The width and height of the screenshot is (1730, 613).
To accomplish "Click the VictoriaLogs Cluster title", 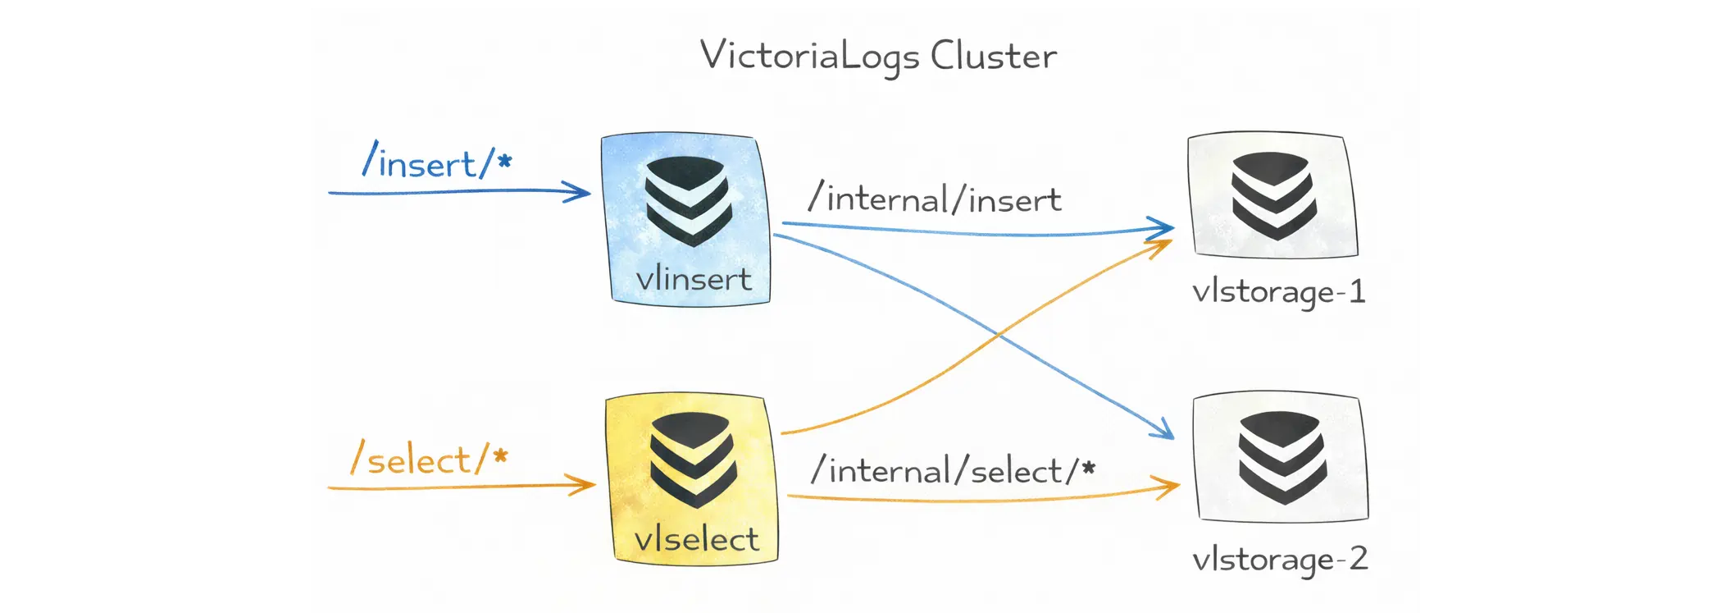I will [877, 56].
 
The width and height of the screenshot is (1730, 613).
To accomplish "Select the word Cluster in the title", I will [993, 56].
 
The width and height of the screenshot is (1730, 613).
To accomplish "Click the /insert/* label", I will [436, 161].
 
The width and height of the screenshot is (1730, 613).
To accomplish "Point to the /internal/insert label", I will [935, 199].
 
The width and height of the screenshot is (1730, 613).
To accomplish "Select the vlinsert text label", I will [694, 279].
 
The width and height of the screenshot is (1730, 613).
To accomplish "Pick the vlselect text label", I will [697, 539].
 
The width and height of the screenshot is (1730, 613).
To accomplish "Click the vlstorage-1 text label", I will [1278, 292].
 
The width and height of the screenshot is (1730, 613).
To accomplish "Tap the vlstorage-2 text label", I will [1280, 560].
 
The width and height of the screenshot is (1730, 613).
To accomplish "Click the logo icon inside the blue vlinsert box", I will [688, 200].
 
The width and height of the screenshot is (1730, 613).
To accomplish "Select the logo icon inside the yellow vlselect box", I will [693, 459].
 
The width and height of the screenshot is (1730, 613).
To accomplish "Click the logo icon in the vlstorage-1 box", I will [1273, 195].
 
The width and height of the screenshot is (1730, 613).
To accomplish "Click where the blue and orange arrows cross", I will [998, 335].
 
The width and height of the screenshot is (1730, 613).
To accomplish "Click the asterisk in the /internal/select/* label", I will [1088, 468].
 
